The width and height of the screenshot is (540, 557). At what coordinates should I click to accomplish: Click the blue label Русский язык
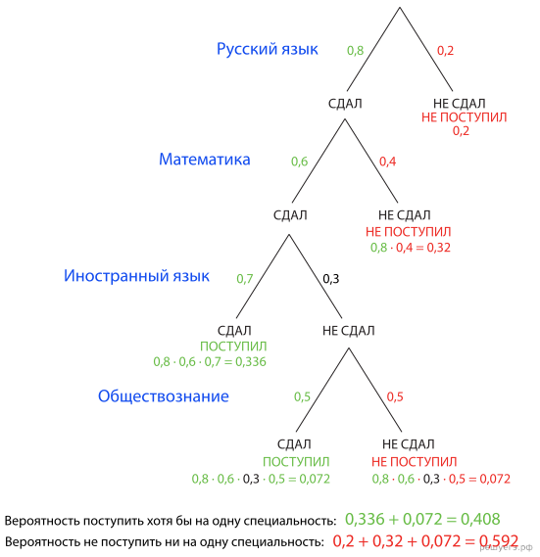(x=268, y=49)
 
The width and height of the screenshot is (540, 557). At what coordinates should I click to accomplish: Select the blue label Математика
(x=205, y=160)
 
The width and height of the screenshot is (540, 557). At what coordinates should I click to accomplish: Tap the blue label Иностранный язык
(x=136, y=276)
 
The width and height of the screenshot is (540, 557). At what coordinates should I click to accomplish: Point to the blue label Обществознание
(x=164, y=396)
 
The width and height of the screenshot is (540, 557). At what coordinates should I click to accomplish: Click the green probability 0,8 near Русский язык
(x=356, y=51)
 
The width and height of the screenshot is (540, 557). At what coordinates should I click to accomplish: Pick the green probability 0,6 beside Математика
(x=300, y=162)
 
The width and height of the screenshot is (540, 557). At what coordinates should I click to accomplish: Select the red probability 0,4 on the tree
(x=388, y=162)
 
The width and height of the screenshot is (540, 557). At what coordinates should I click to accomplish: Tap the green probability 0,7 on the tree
(x=245, y=279)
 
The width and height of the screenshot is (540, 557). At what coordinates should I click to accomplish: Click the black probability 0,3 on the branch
(x=331, y=279)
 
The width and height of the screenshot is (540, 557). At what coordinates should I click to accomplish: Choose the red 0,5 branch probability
(x=395, y=396)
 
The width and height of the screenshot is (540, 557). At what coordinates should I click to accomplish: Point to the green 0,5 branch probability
(x=303, y=396)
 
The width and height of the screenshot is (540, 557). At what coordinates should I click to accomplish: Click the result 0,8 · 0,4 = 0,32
(x=411, y=248)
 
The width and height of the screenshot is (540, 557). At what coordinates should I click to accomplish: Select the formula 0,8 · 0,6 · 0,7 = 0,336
(x=210, y=361)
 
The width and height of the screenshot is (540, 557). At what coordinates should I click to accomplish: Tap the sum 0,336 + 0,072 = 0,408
(x=422, y=520)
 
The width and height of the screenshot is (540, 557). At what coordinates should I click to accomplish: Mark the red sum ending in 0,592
(x=425, y=541)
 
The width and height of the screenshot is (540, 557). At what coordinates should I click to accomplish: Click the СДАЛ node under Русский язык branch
(x=345, y=104)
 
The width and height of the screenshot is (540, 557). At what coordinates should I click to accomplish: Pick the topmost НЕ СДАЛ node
(x=460, y=104)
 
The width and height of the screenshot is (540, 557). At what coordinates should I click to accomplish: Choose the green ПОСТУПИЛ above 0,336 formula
(x=233, y=347)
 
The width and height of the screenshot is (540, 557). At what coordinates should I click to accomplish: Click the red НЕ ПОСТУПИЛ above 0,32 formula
(x=409, y=232)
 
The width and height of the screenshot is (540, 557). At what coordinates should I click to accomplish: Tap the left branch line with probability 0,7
(x=263, y=276)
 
